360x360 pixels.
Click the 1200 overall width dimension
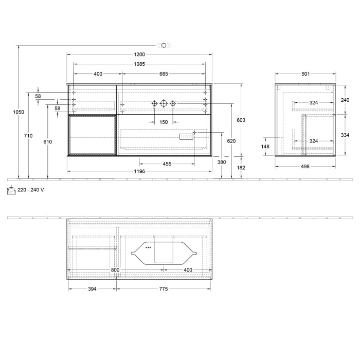139,54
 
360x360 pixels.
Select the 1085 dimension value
139,64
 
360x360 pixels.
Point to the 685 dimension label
163,74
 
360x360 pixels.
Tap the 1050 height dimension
14,112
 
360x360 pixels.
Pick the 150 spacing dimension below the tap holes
163,122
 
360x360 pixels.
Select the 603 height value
241,120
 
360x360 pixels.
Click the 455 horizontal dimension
167,164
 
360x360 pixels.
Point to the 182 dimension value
241,168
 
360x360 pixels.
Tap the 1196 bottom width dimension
139,171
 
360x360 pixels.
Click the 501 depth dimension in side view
305,74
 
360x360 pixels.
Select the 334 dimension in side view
345,135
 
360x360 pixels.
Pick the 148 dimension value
265,146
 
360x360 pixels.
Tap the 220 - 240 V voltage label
31,190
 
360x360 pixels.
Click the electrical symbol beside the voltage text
11,189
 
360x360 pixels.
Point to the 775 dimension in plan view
163,289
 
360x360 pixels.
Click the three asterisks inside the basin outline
148,248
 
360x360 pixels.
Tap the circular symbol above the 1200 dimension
164,45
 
